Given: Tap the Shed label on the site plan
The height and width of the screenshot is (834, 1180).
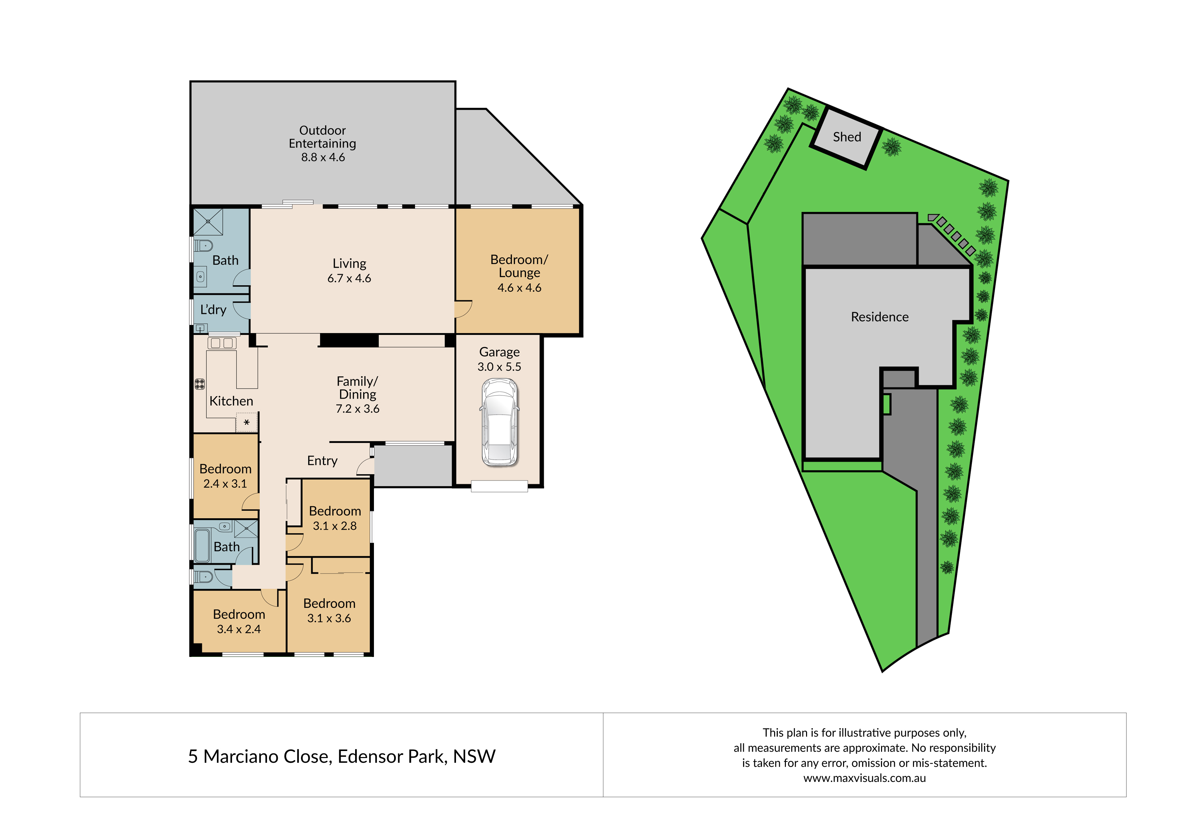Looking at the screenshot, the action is click(847, 137).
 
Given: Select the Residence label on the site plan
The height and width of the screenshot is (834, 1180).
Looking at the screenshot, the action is click(879, 317).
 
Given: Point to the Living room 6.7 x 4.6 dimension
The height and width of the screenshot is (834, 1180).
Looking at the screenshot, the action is click(349, 278).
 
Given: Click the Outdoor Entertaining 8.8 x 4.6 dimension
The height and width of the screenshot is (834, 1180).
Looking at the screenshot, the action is click(323, 157).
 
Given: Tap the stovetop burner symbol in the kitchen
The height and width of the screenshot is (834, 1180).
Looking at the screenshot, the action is click(200, 384).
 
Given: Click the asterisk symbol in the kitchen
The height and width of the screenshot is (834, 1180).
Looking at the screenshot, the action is click(247, 423).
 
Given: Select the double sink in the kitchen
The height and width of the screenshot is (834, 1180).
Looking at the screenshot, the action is click(222, 342).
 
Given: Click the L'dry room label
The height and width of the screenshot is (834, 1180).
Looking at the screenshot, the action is click(213, 310).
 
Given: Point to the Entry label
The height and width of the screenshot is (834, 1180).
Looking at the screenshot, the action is click(322, 461).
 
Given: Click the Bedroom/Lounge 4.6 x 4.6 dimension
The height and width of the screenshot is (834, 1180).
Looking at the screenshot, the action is click(519, 288).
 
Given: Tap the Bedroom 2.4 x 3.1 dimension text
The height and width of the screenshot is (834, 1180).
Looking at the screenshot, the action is click(225, 484).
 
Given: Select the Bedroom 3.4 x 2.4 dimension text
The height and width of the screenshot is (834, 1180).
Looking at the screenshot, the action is click(239, 629).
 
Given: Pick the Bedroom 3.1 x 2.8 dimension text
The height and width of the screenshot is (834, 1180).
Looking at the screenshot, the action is click(335, 526).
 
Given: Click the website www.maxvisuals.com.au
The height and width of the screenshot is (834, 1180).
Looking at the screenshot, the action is click(865, 778).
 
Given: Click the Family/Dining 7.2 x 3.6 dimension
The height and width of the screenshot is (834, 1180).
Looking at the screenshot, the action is click(358, 409).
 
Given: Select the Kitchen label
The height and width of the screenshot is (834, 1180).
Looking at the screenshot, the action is click(231, 401).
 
